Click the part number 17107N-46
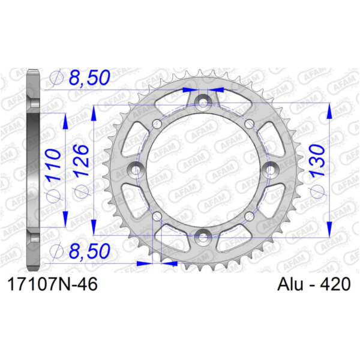click(53, 284)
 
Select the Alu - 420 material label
click(314, 284)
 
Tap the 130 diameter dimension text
click(318, 160)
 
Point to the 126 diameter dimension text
click(81, 160)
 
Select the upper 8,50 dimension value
click(89, 77)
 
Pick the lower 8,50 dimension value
click(89, 251)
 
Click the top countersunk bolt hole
click(203, 102)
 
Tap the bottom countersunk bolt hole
click(203, 237)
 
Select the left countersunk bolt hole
click(135, 169)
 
